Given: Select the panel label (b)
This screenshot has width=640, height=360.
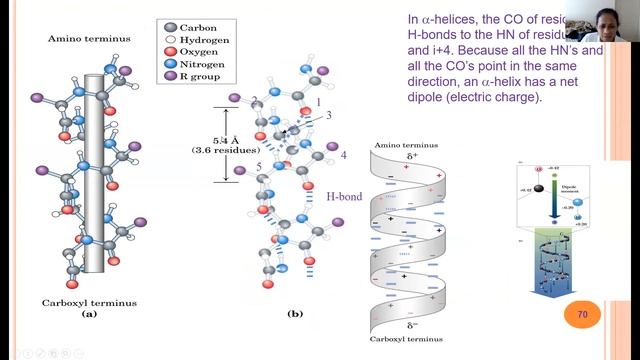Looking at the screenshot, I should pos(294,314).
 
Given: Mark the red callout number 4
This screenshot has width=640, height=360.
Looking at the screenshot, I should pos(343,155).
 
